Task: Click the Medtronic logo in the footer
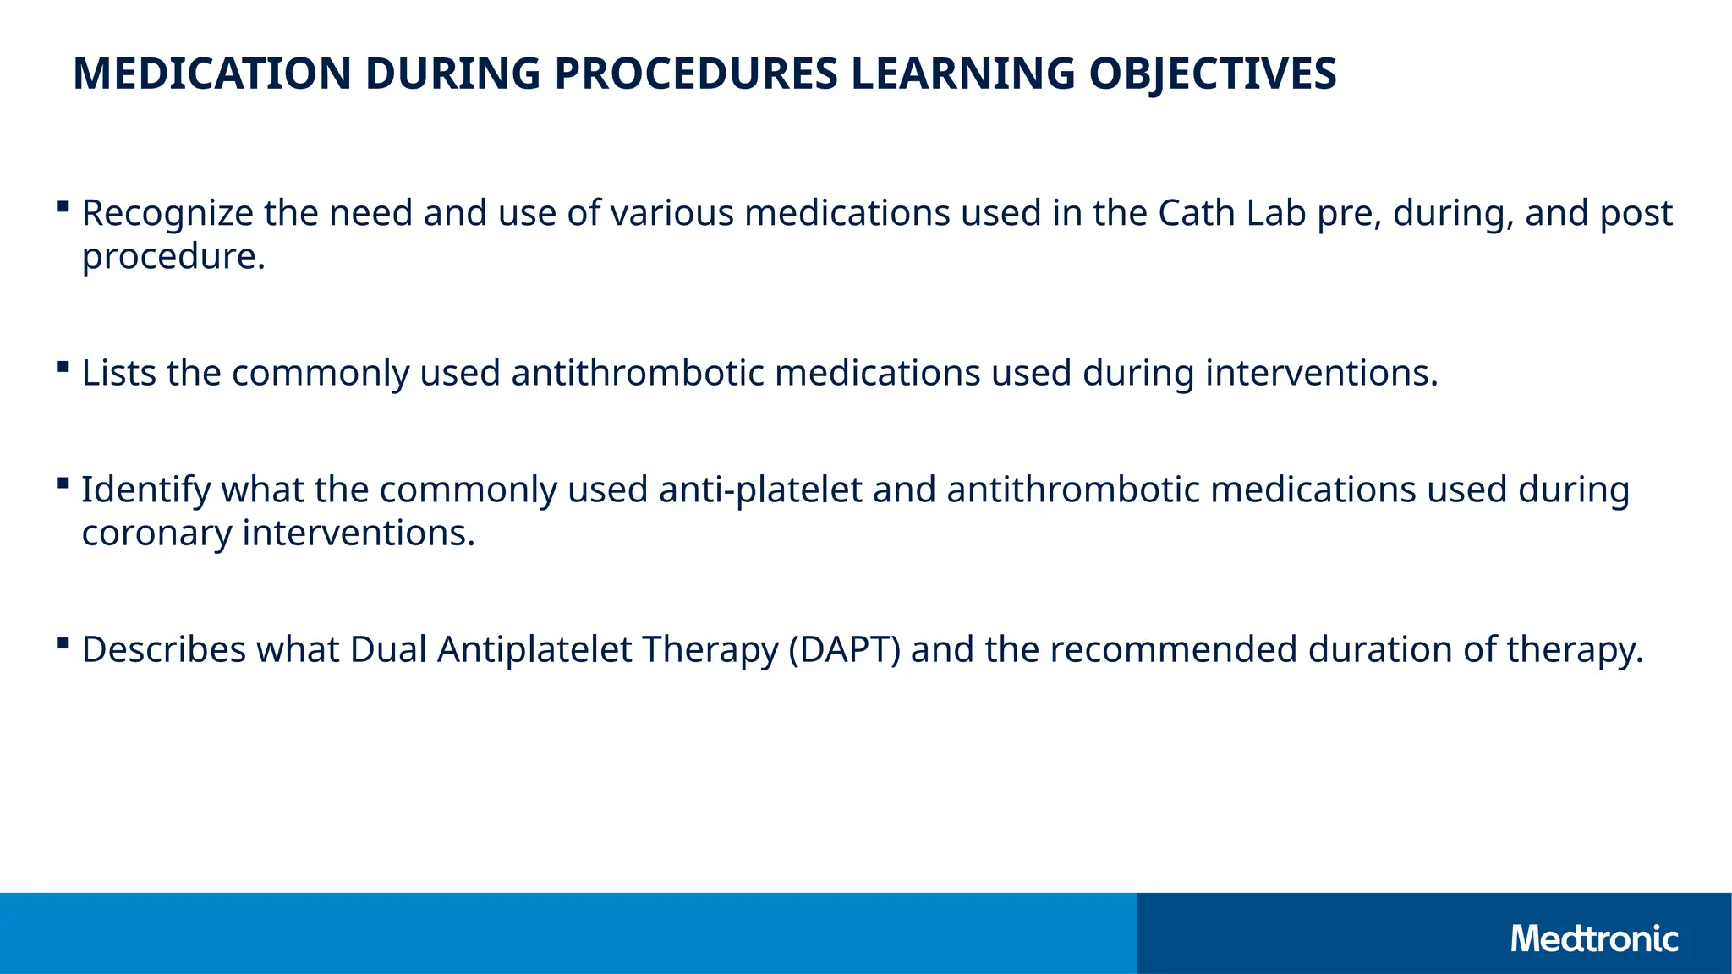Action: tap(1593, 939)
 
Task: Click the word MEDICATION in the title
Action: tap(211, 74)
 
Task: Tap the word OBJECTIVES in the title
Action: tap(1212, 74)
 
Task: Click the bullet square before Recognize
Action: tap(62, 206)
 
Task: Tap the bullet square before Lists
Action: tap(62, 366)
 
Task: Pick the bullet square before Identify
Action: tap(62, 483)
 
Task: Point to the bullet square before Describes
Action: tap(62, 643)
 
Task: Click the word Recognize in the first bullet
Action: tap(167, 213)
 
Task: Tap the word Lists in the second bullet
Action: tap(118, 373)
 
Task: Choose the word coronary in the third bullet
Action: tap(156, 534)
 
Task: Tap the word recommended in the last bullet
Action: tap(1173, 650)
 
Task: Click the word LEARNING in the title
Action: tap(963, 74)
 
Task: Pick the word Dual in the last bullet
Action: tap(388, 650)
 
